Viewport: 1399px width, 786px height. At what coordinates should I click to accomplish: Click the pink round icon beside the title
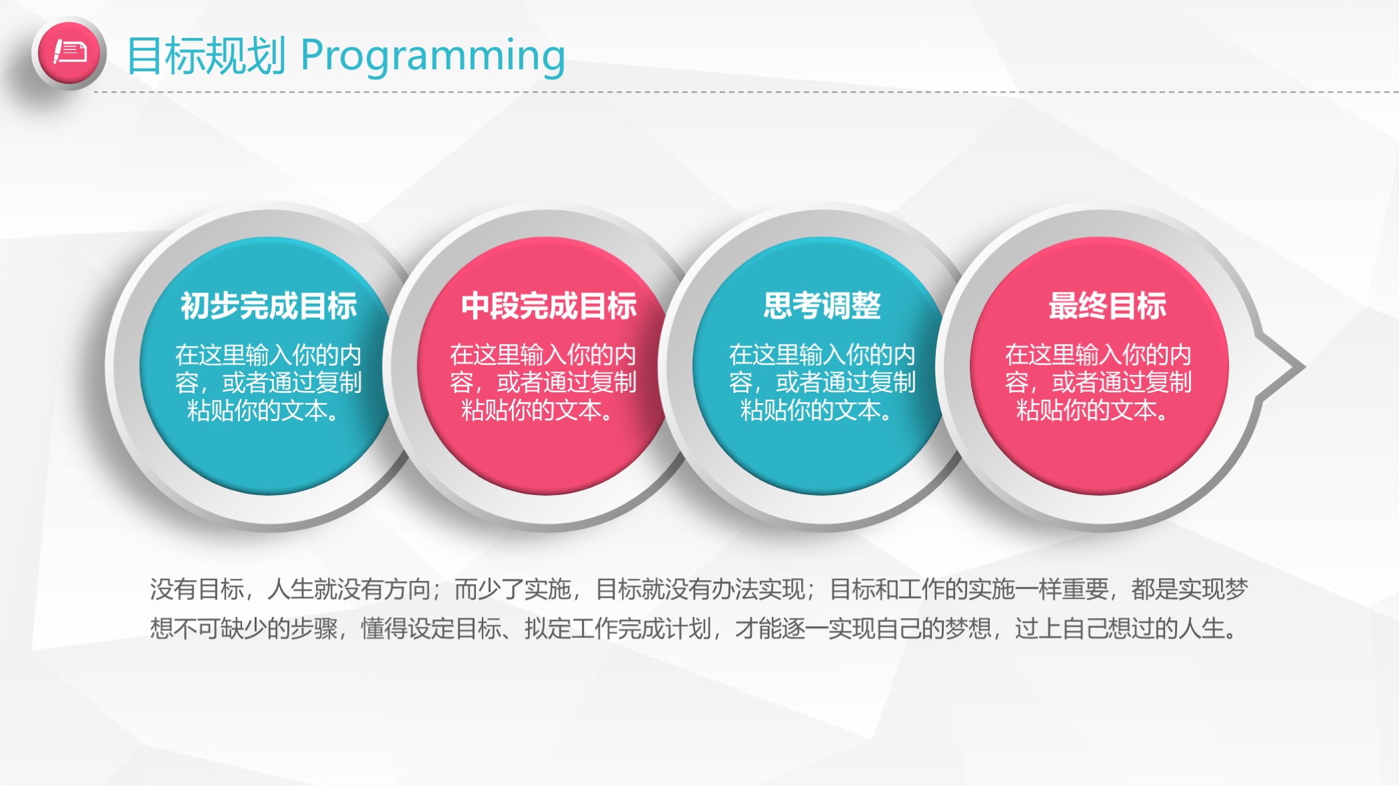[x=69, y=53]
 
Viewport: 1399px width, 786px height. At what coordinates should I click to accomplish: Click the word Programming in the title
[x=433, y=56]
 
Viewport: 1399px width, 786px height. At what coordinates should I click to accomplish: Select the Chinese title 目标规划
[x=207, y=56]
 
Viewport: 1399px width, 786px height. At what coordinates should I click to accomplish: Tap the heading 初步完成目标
[x=269, y=306]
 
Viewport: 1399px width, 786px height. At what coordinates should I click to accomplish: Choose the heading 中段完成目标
[x=549, y=306]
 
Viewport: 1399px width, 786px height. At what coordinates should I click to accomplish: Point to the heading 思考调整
[x=822, y=306]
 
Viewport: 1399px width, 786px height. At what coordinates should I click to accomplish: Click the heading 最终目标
[x=1108, y=306]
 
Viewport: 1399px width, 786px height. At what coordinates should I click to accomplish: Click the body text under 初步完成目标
[x=268, y=382]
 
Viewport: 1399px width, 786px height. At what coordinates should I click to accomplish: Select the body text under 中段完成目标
[x=543, y=382]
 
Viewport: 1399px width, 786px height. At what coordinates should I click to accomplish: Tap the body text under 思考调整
[x=822, y=382]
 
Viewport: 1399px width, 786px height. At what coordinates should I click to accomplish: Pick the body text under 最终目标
[x=1098, y=382]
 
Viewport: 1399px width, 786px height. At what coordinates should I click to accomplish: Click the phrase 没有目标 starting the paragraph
[x=197, y=589]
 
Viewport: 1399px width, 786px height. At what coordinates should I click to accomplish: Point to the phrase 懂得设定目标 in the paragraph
[x=431, y=628]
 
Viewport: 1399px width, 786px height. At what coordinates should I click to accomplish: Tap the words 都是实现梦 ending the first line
[x=1190, y=589]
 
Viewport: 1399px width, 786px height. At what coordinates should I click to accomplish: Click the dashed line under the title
[x=746, y=93]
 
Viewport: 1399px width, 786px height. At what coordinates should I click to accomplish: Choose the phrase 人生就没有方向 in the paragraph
[x=349, y=589]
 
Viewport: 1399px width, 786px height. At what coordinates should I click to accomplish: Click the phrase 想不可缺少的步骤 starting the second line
[x=243, y=628]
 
